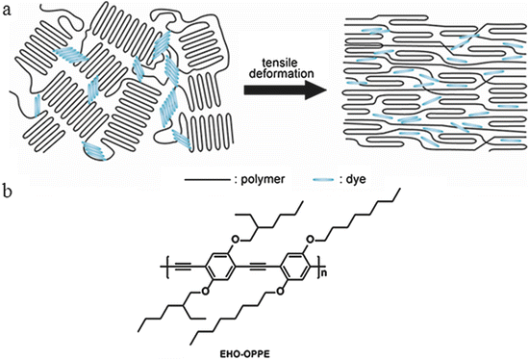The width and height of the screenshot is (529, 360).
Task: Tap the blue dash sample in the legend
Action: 318,178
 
